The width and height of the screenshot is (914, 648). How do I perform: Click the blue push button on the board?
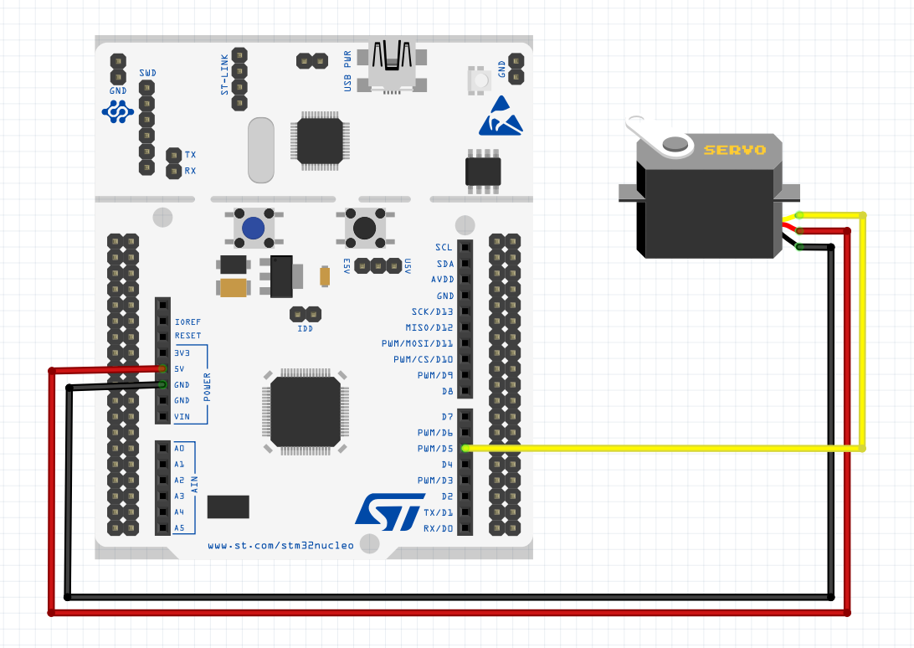[x=253, y=228]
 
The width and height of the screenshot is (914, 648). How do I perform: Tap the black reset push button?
[x=366, y=228]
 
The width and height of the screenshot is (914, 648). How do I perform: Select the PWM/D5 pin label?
[x=434, y=448]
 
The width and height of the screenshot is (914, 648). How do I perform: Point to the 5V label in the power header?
[x=179, y=369]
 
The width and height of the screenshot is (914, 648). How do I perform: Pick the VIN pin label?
[x=181, y=417]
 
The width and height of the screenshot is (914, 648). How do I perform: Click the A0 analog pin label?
[x=179, y=448]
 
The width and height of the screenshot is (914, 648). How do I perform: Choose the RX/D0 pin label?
[x=438, y=528]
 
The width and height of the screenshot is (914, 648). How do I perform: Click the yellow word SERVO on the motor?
[x=734, y=150]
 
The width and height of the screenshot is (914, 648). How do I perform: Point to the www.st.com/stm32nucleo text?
[x=280, y=546]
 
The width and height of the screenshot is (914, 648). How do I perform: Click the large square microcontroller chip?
[x=305, y=411]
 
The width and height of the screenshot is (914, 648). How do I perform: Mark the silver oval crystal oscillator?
[x=261, y=150]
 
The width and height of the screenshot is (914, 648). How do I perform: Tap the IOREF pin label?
[x=187, y=321]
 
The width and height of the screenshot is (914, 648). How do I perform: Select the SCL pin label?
[x=444, y=248]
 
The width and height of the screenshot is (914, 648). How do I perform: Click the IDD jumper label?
[x=305, y=329]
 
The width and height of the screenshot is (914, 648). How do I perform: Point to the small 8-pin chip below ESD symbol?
[x=484, y=171]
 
